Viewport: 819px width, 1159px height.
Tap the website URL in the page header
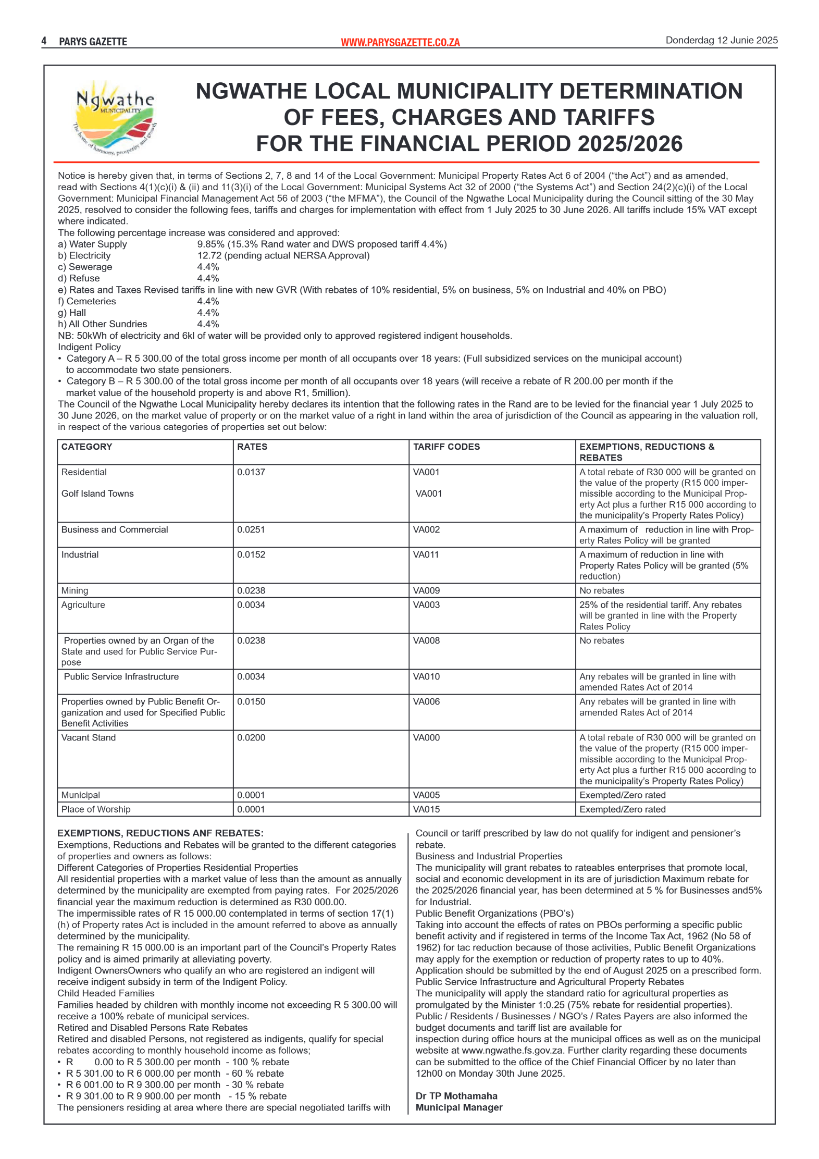pos(400,42)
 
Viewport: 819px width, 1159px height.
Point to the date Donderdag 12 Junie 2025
pos(721,40)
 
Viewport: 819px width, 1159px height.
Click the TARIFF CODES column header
pos(446,447)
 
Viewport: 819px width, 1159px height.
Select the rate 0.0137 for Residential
pos(251,472)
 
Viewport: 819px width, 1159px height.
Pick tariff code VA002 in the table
pos(426,529)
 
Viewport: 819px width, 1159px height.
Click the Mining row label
pos(75,590)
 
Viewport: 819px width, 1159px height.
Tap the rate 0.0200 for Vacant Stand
pos(251,737)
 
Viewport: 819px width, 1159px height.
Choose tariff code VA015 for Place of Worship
pos(426,809)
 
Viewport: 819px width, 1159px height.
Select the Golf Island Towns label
pos(97,494)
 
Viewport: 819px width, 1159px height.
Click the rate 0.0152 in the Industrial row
pos(251,554)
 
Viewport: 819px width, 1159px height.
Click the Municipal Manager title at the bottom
pos(459,1107)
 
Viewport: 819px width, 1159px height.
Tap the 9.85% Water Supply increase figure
pos(210,244)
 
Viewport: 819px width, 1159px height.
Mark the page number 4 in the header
pos(44,41)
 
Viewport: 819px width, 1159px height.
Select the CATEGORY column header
pos(86,447)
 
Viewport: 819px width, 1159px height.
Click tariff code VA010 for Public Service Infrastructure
pos(426,676)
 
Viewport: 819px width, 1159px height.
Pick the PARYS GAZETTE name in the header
pos(93,42)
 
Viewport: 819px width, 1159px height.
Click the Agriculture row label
pos(83,605)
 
